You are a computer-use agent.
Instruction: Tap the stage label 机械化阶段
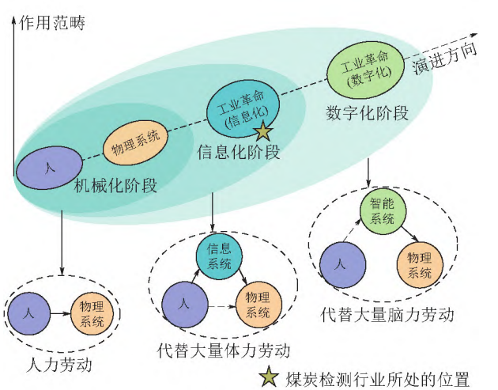[x=115, y=187]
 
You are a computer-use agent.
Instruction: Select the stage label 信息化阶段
[x=238, y=152]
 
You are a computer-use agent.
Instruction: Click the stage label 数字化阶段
[x=367, y=113]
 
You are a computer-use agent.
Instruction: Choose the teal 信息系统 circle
[x=218, y=254]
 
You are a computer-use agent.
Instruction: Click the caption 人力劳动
[x=59, y=365]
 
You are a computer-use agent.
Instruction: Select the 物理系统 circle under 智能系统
[x=420, y=265]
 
